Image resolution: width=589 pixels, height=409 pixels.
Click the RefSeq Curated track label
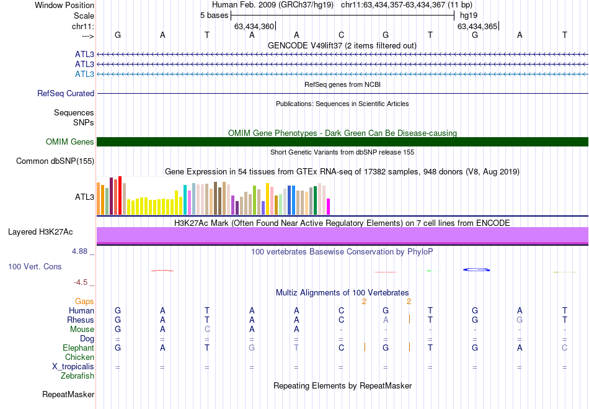coord(66,94)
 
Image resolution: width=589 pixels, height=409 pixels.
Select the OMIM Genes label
coord(70,142)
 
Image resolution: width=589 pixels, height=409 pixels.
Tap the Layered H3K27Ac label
coord(40,232)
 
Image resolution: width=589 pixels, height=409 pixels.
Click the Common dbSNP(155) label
coord(55,161)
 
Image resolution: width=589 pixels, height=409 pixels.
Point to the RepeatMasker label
coord(68,394)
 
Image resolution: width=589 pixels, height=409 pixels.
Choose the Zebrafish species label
coord(77,375)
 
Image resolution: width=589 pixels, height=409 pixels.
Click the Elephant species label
coord(78,348)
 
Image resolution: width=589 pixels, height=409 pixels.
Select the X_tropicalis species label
coord(73,367)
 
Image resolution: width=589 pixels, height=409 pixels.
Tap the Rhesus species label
coord(81,320)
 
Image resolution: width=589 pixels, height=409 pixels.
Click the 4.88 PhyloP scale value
coord(81,251)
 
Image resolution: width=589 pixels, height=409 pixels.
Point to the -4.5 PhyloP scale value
coord(81,282)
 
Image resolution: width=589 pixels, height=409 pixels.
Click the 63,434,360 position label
coord(254,27)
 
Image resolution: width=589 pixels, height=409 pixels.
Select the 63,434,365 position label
coord(477,27)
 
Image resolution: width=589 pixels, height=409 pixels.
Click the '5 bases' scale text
coord(214,15)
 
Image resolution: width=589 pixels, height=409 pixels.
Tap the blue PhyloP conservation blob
coord(477,269)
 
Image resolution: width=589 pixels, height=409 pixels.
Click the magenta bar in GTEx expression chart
coord(329,207)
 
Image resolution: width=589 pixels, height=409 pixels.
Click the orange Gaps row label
coord(84,301)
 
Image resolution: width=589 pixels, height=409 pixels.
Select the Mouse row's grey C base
coord(207,329)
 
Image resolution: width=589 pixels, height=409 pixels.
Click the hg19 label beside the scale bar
coord(469,15)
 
